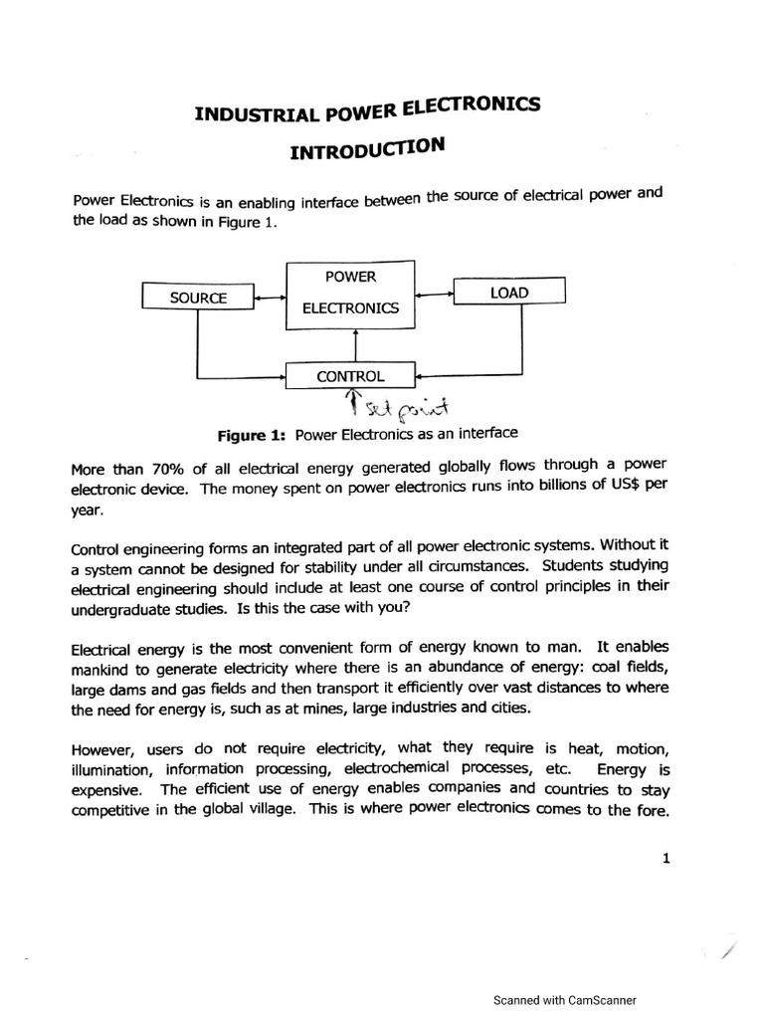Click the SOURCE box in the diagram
point(198,298)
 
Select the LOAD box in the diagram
point(509,292)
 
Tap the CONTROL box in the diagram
point(349,376)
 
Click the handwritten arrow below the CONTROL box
point(350,403)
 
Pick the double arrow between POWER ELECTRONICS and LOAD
point(435,293)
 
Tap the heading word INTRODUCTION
point(365,148)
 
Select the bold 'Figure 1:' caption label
point(251,436)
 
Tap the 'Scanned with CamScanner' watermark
point(565,1001)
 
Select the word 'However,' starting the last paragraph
point(103,750)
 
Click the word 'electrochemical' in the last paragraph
point(392,769)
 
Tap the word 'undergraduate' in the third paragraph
point(124,607)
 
